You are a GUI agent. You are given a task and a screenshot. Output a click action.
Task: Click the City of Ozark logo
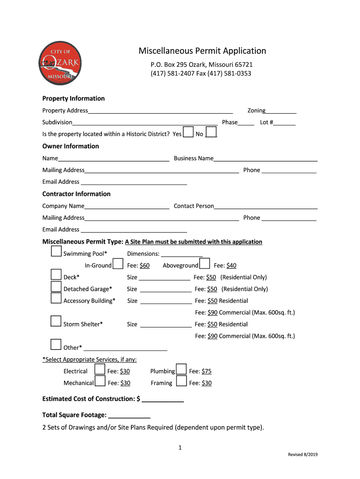point(61,63)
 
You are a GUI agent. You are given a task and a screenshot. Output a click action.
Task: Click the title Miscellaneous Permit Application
point(202,51)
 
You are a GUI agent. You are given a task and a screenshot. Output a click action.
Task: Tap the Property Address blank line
point(160,110)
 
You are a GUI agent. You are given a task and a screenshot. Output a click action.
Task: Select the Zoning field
point(281,110)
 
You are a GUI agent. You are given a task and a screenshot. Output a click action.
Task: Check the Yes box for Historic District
point(188,132)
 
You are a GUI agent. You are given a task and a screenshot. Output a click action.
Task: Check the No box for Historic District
point(211,132)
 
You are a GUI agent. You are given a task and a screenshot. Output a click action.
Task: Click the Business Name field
point(265,158)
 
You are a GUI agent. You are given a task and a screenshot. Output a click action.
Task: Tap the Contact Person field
point(266,206)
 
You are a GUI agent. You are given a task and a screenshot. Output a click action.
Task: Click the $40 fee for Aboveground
point(231,266)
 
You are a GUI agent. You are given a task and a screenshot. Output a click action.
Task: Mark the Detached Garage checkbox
point(56,287)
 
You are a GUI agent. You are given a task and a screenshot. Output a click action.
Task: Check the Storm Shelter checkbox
point(56,321)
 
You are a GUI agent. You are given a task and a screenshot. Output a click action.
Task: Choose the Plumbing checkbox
point(181,370)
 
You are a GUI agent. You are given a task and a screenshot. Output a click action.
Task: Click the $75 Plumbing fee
point(207,371)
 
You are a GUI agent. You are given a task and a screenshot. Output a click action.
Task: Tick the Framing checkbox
point(181,381)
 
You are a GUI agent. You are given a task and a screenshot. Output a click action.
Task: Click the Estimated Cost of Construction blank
point(162,399)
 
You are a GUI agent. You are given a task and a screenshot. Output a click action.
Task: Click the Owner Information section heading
point(71,146)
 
